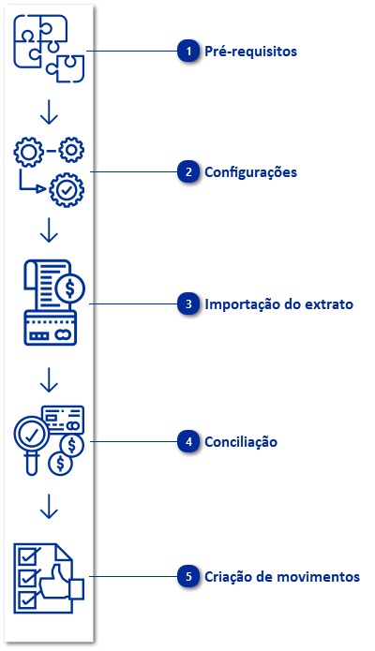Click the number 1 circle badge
point(189,52)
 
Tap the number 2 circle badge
point(189,172)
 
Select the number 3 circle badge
point(189,304)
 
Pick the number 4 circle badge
point(189,441)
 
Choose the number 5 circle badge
point(189,577)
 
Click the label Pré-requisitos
point(250,52)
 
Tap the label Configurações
point(250,172)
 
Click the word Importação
point(234,304)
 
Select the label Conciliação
point(241,441)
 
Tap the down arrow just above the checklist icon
point(50,506)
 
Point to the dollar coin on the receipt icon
point(70,287)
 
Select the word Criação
point(226,577)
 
